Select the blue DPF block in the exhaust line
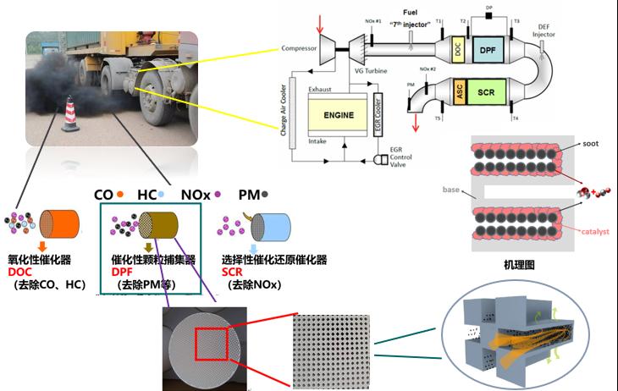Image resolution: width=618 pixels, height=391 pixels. point(487,51)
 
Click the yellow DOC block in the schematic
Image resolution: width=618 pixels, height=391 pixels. point(458,51)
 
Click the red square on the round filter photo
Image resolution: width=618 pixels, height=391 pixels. point(209,345)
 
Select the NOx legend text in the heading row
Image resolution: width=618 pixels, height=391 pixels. point(197,194)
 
